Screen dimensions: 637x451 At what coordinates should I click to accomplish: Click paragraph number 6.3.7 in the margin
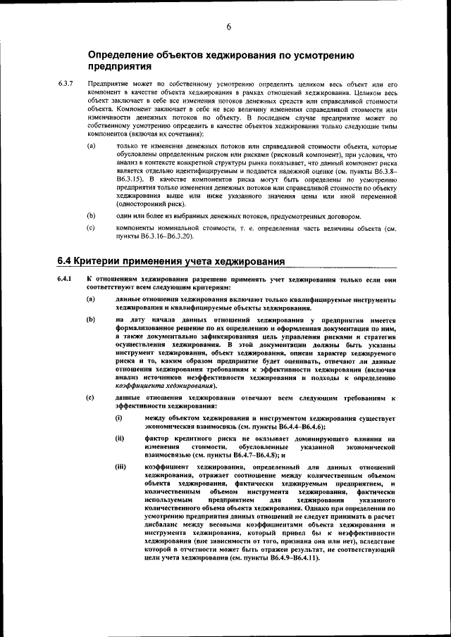point(66,84)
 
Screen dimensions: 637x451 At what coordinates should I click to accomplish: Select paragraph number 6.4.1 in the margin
point(66,280)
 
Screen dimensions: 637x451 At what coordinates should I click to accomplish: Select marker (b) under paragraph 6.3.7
point(92,215)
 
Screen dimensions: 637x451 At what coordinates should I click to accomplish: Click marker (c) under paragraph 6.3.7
point(92,228)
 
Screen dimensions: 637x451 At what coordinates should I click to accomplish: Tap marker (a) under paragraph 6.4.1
point(92,300)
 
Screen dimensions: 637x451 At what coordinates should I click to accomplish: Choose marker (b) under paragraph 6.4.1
point(92,320)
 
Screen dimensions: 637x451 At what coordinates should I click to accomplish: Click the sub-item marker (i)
point(120,420)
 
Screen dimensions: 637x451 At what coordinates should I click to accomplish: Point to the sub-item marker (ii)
point(121,439)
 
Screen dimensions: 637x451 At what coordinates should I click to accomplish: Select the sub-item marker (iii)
point(121,467)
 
